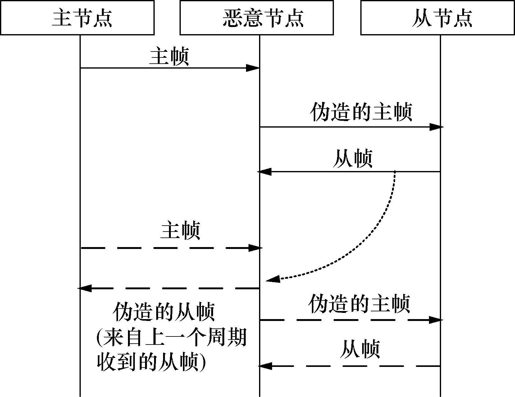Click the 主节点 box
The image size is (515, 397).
(x=77, y=18)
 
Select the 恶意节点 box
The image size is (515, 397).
(x=257, y=18)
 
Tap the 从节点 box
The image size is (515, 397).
(x=437, y=18)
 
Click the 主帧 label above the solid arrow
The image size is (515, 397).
(x=169, y=56)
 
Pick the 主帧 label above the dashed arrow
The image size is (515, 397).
(x=180, y=230)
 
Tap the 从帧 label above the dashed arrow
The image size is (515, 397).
(x=360, y=349)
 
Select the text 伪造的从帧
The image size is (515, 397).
(x=164, y=312)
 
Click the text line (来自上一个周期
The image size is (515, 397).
(x=172, y=337)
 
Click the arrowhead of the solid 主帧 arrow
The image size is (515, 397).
(x=253, y=68)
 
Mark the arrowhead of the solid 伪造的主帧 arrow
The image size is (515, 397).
(x=436, y=127)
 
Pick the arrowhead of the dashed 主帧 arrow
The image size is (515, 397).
(x=255, y=248)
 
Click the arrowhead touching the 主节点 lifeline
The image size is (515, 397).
(x=84, y=288)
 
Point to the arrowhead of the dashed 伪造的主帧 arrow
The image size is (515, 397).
(x=435, y=320)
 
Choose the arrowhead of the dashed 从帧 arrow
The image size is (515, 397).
(x=265, y=366)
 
